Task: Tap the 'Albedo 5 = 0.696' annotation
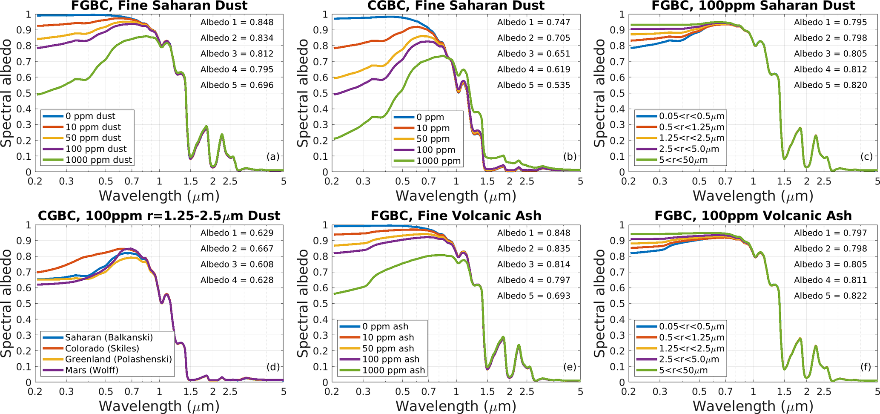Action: click(x=237, y=85)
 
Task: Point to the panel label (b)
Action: click(x=570, y=157)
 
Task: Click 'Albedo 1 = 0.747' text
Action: click(x=533, y=22)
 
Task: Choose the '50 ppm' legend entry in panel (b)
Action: click(x=433, y=139)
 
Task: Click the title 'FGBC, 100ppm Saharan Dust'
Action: click(x=753, y=6)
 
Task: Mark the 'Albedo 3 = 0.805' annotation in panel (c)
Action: click(x=830, y=54)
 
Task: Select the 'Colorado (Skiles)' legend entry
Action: click(x=102, y=348)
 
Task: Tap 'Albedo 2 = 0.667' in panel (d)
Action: click(x=237, y=249)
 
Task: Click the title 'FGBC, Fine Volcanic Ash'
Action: click(x=456, y=216)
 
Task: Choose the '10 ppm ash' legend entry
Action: click(x=388, y=337)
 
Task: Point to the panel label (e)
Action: click(x=570, y=367)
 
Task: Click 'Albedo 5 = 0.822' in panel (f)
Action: click(x=830, y=296)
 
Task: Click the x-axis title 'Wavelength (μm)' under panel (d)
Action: click(x=159, y=406)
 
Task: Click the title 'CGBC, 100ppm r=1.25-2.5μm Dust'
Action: click(x=159, y=216)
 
